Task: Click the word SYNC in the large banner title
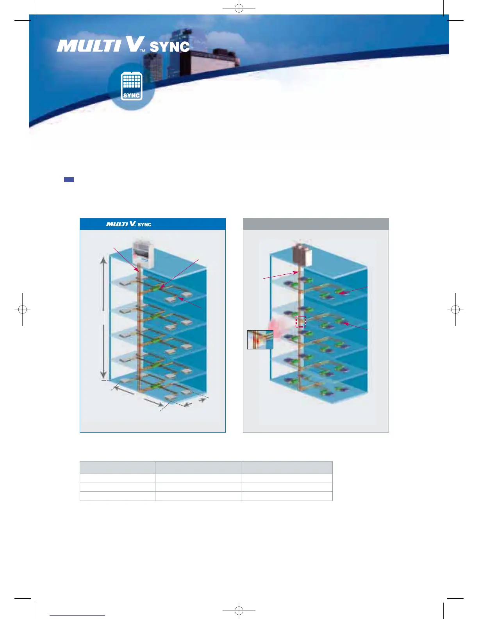169,47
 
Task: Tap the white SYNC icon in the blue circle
132,86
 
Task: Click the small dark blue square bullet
69,180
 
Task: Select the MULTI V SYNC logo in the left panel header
128,224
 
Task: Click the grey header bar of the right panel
316,224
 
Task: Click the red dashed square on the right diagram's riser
301,322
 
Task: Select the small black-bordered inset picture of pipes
260,340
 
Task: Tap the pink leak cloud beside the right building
276,328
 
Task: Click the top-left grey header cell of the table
117,467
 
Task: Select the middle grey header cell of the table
198,467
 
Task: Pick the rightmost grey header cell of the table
287,467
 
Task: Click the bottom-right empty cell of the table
287,496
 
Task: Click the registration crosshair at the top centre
239,8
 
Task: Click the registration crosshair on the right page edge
455,309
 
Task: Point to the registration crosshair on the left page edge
23,309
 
